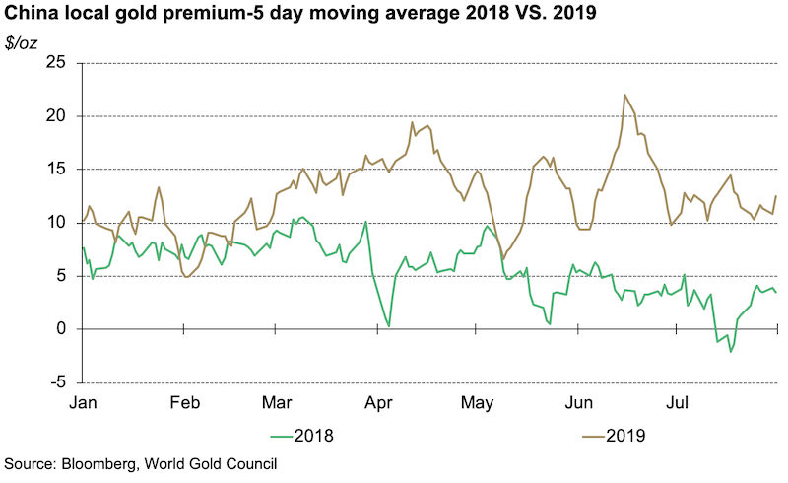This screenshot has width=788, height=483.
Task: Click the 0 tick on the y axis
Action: click(60, 329)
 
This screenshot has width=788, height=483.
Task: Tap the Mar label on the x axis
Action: click(276, 403)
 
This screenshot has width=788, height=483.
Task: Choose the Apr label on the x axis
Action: click(378, 403)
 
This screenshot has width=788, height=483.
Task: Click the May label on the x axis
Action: click(477, 403)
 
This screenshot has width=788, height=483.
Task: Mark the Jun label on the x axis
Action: click(578, 403)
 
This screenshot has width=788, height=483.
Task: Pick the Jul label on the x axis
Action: click(677, 403)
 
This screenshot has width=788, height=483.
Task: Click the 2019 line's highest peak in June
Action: click(625, 95)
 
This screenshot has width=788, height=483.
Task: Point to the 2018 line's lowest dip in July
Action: click(730, 351)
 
